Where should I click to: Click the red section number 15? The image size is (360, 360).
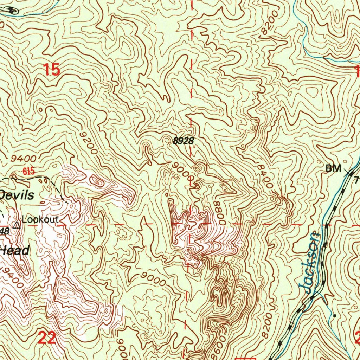[52, 70]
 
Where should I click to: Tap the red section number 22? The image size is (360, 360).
[47, 338]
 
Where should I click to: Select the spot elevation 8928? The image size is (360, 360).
[183, 141]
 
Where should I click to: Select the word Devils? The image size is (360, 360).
[17, 195]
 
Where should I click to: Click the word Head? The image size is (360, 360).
[15, 250]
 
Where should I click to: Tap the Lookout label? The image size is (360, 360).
[40, 219]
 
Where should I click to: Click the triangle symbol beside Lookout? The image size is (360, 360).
[16, 225]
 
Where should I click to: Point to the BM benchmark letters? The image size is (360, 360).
[333, 169]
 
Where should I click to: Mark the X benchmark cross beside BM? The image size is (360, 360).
[349, 172]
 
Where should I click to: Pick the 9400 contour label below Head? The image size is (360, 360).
[12, 276]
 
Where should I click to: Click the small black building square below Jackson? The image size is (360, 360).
[334, 316]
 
